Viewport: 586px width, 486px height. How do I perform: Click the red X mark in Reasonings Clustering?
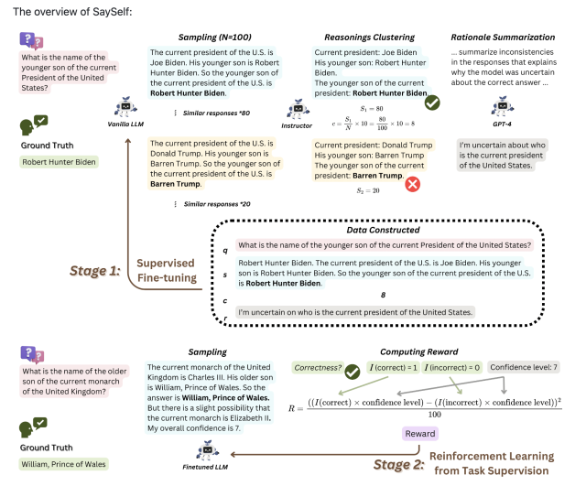(x=412, y=184)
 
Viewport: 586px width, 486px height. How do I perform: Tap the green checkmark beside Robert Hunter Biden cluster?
(x=433, y=103)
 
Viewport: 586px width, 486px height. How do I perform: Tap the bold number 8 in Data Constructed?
(x=383, y=294)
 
